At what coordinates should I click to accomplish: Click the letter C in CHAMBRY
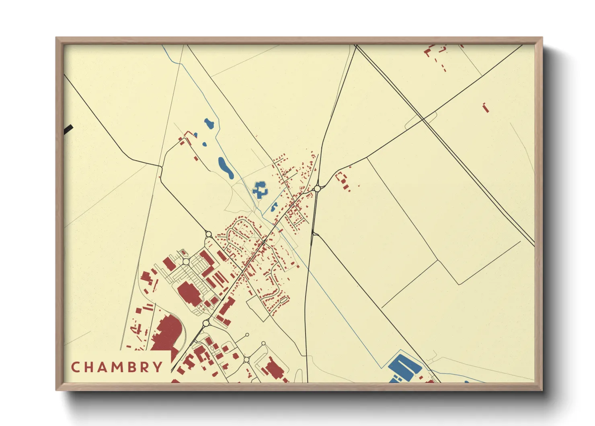click(x=75, y=367)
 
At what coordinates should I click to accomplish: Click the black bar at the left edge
click(x=68, y=129)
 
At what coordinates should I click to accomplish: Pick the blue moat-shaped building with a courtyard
click(x=260, y=189)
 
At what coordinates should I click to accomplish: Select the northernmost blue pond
click(x=209, y=124)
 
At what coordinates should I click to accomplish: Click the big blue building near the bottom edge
click(x=404, y=367)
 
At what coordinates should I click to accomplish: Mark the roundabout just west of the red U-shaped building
click(x=317, y=188)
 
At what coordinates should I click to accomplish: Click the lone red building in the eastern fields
click(x=486, y=108)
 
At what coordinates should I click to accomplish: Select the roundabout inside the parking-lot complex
click(x=186, y=262)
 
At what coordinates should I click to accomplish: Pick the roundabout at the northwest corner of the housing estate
click(x=208, y=234)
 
